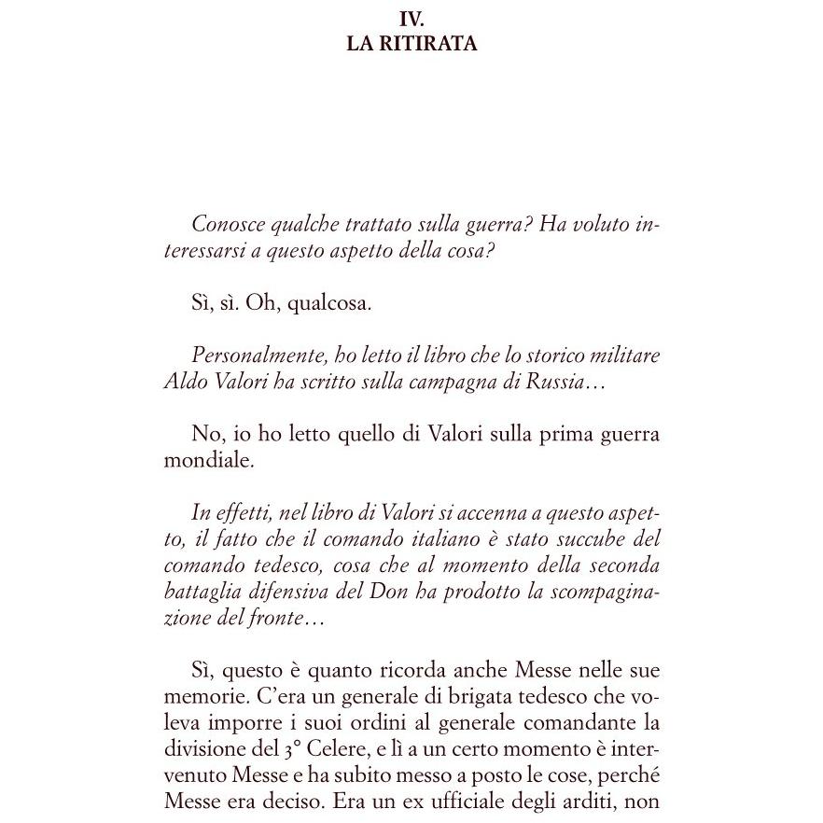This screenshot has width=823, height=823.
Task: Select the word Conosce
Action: (x=224, y=225)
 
